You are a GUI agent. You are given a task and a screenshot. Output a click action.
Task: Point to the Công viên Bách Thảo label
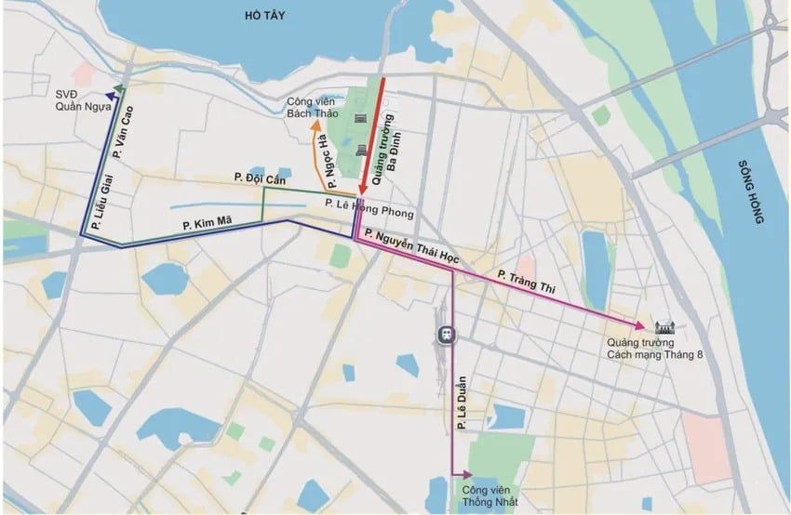click(312, 107)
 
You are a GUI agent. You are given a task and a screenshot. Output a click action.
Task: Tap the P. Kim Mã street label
click(208, 224)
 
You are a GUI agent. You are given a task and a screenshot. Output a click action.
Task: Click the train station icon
click(448, 334)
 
